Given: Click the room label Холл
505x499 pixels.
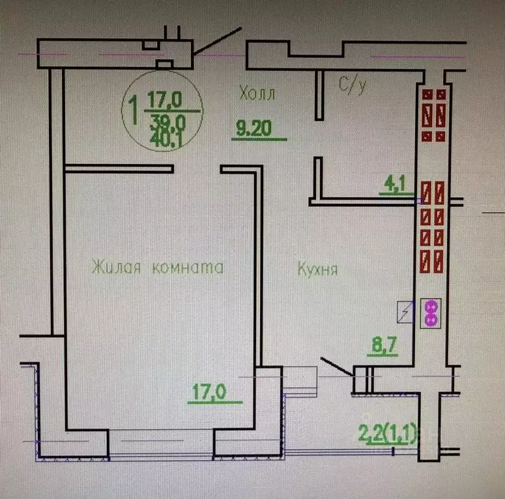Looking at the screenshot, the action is pyautogui.click(x=257, y=94).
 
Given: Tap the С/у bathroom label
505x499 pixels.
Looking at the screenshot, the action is pyautogui.click(x=353, y=85).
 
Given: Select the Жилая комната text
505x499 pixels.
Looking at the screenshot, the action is pyautogui.click(x=158, y=267).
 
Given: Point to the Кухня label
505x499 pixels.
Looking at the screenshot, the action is pyautogui.click(x=317, y=269).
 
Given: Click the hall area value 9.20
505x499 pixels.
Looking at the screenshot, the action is pyautogui.click(x=253, y=128).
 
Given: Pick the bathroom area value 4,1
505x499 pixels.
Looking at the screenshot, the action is pyautogui.click(x=395, y=184).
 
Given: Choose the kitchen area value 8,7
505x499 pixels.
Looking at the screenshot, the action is pyautogui.click(x=384, y=345).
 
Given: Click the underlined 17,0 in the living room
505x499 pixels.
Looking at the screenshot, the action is pyautogui.click(x=209, y=392).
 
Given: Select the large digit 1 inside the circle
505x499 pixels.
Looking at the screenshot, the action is pyautogui.click(x=134, y=110).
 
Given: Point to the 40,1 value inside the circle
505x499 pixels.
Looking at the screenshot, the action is pyautogui.click(x=167, y=139).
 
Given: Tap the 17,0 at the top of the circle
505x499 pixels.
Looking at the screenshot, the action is pyautogui.click(x=165, y=100).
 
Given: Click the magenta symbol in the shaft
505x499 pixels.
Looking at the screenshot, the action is pyautogui.click(x=431, y=314).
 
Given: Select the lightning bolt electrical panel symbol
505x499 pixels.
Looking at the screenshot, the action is pyautogui.click(x=405, y=312).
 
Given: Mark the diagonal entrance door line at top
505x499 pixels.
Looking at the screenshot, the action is pyautogui.click(x=218, y=41).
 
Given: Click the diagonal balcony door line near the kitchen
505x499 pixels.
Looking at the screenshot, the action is pyautogui.click(x=337, y=366).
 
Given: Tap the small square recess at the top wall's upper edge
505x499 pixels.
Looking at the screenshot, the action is pyautogui.click(x=151, y=45).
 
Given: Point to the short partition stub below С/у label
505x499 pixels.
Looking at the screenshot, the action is pyautogui.click(x=319, y=95).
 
